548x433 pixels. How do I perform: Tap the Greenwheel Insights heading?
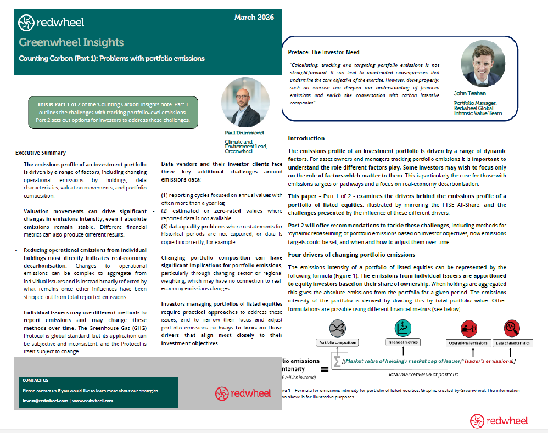(x=71, y=42)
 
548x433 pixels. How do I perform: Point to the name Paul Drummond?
(x=244, y=133)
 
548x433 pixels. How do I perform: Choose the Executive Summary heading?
(x=41, y=153)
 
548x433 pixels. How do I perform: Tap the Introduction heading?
(x=306, y=138)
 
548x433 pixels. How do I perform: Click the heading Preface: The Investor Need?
(x=324, y=52)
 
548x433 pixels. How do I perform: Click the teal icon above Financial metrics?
(x=402, y=328)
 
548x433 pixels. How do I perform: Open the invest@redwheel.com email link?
(x=46, y=401)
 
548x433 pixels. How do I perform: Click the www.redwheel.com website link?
(x=93, y=401)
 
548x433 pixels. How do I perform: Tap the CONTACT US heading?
(x=35, y=380)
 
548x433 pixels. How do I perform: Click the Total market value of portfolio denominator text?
(x=423, y=374)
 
